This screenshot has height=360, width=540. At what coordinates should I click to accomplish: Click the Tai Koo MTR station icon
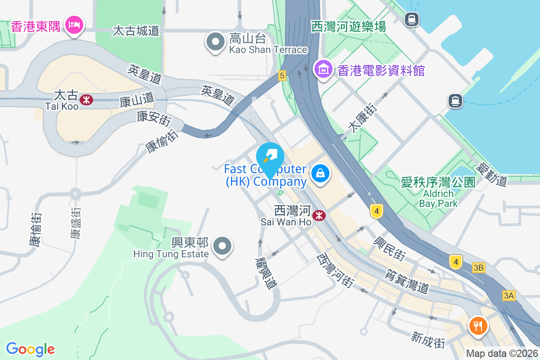click(x=85, y=99)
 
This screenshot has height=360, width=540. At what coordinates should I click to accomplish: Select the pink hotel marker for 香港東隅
click(x=74, y=24)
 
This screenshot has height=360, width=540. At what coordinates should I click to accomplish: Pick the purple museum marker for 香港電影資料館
click(x=323, y=69)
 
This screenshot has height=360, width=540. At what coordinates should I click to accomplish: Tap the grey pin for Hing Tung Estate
click(x=222, y=246)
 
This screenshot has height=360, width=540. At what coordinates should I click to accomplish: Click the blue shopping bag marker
click(x=320, y=173)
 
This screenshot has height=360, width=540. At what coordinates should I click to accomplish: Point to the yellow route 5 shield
click(x=282, y=76)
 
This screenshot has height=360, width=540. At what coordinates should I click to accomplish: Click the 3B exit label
click(x=478, y=268)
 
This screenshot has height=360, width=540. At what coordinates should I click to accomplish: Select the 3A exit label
click(x=508, y=295)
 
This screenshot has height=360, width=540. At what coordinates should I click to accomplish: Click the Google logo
click(x=30, y=349)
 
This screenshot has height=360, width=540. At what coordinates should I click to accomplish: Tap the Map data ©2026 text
click(x=502, y=354)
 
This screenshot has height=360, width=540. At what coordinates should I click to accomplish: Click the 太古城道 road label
click(x=136, y=31)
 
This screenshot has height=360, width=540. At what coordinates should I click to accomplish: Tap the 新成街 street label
click(x=428, y=340)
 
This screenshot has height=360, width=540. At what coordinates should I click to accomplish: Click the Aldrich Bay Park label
click(x=438, y=198)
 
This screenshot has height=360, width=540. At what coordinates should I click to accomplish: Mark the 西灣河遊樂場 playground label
click(x=349, y=27)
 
